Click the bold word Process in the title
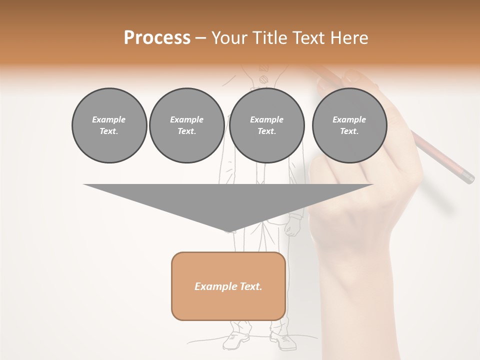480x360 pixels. click(157, 38)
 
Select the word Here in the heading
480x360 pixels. click(349, 38)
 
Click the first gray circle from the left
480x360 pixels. click(109, 125)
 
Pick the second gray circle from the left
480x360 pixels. click(186, 125)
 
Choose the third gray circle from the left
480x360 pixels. click(267, 125)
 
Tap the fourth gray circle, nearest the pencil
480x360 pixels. click(349, 125)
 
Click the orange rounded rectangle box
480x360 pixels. click(228, 286)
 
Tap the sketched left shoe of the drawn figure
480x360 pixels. click(236, 340)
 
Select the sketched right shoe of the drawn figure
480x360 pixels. click(283, 340)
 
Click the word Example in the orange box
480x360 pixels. click(212, 286)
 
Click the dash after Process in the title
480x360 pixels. click(200, 38)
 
